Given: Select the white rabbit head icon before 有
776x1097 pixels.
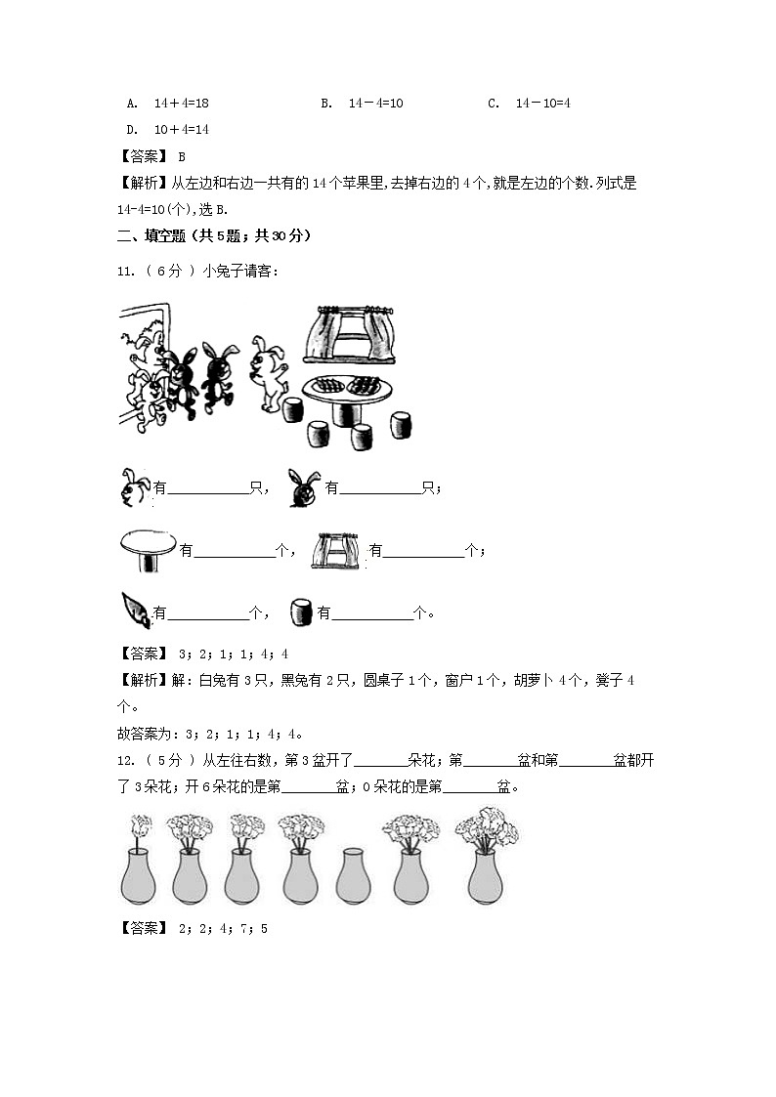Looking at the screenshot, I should tap(135, 487).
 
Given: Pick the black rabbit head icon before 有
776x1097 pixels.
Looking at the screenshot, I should tap(305, 488).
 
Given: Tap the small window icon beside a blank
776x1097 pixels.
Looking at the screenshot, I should tap(334, 551).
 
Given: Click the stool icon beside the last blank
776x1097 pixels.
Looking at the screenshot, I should tap(301, 612).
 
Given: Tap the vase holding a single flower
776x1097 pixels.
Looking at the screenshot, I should tap(138, 860).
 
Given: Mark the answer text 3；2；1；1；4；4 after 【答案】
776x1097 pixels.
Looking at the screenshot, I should tap(232, 654).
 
